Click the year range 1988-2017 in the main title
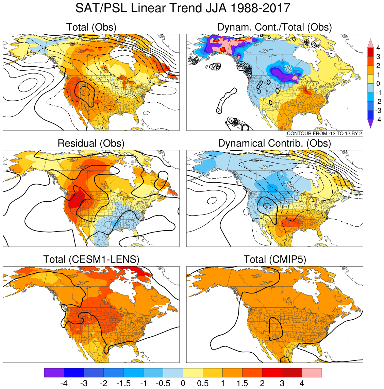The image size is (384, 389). coord(261,8)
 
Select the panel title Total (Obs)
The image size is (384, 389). coord(91,27)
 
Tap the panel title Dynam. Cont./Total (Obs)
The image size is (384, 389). coord(274,27)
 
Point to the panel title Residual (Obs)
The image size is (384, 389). coord(91,143)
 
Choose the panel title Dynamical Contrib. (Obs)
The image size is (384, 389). coord(274,143)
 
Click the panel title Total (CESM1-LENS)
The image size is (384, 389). coord(91,260)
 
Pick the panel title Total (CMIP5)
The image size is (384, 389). coord(274,260)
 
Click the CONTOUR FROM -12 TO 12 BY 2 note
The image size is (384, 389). coord(324,134)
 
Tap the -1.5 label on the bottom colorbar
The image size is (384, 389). coord(123,384)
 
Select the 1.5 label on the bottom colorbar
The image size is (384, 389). coord(242,384)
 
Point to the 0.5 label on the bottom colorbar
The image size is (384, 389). coord(203,384)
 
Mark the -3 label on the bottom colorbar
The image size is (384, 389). coord(84,384)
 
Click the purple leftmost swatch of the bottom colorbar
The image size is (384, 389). coord(54,373)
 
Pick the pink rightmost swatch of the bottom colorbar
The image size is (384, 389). coord(312,373)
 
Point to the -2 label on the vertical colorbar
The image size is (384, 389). coord(378,102)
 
